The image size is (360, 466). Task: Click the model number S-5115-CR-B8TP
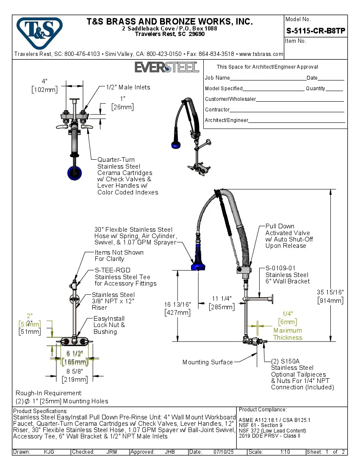coord(315,31)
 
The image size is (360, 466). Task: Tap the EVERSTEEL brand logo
coord(167,67)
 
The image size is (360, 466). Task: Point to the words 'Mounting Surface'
coord(208,362)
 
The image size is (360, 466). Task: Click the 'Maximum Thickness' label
coord(288,334)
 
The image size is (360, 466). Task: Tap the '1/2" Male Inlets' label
coord(128,87)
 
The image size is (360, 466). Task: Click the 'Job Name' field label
coord(217,78)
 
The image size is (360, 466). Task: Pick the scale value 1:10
coord(285,452)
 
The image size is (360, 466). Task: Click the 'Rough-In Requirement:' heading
coord(49,393)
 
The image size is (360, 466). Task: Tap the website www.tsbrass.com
coord(261,54)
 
